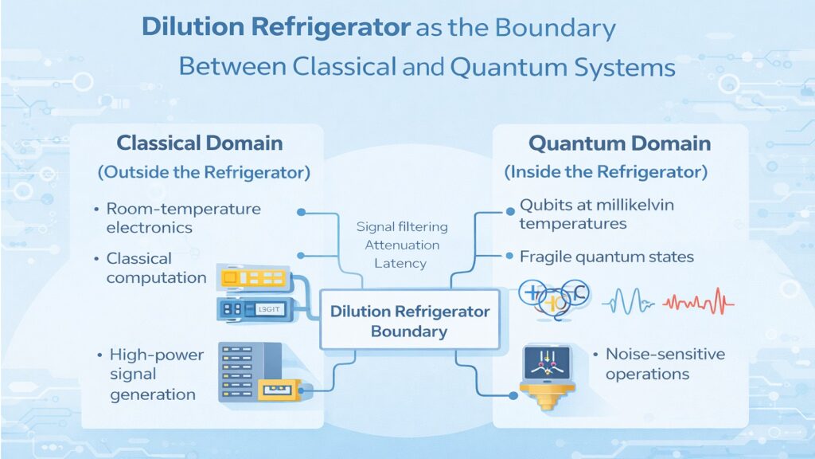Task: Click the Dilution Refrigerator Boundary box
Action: click(x=409, y=320)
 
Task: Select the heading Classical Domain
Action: click(x=199, y=143)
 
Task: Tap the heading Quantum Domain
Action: click(x=619, y=143)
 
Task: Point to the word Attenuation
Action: click(x=402, y=245)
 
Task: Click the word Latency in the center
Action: click(x=402, y=263)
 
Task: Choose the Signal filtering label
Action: click(x=402, y=227)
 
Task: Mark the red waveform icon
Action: click(x=698, y=302)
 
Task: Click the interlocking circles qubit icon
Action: click(x=552, y=298)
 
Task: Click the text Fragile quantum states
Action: click(x=606, y=257)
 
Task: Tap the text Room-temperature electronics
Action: click(x=183, y=218)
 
